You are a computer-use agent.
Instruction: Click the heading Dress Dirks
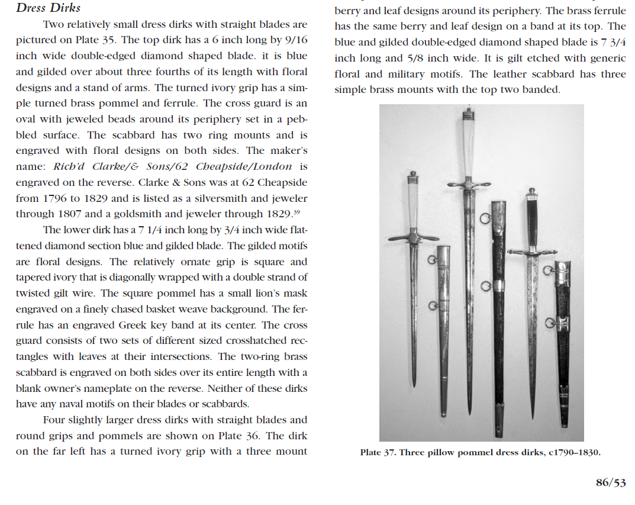coord(48,8)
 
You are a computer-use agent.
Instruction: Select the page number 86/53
coord(610,483)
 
